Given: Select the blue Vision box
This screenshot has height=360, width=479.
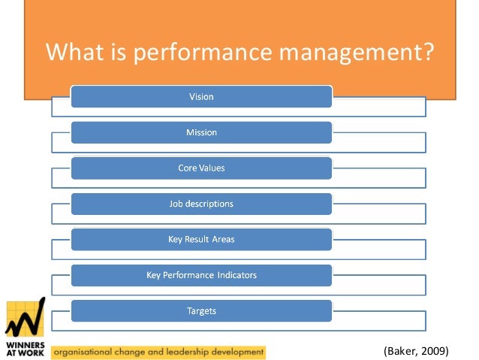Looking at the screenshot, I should [201, 96].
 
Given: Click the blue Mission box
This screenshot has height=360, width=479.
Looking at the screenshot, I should [201, 132].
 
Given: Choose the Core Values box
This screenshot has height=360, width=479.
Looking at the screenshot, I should [201, 168].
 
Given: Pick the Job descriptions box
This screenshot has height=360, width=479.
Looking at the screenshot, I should [201, 204].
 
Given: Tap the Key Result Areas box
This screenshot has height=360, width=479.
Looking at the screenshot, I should [201, 240].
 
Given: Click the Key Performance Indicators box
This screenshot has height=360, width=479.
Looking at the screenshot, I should [201, 275].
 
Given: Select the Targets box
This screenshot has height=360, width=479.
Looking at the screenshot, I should [201, 310].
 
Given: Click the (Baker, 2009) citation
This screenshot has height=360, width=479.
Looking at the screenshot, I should [415, 350].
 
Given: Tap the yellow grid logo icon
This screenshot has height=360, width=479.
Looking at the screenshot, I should [25, 319].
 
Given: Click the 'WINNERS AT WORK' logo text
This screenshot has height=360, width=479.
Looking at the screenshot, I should [25, 348].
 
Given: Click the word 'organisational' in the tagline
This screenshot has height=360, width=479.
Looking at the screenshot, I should [83, 351].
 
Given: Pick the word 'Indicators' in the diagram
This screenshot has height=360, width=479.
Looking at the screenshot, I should [235, 275].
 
